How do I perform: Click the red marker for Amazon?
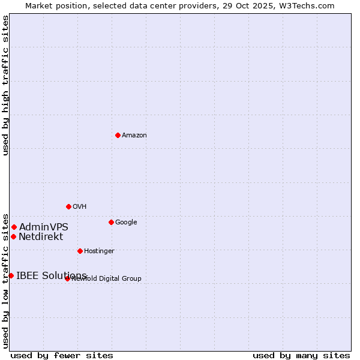point(118,135)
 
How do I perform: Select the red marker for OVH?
point(68,206)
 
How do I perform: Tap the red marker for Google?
point(111,222)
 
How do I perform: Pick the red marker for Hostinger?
point(80,251)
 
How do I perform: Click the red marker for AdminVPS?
point(14,227)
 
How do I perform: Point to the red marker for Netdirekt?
point(13,236)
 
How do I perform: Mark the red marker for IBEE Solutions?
point(11,275)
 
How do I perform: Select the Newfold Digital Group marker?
point(67,278)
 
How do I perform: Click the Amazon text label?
point(134,136)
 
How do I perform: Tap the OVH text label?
point(80,207)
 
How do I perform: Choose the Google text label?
point(126,223)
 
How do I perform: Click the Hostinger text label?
point(99,251)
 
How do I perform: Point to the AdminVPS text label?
point(44,227)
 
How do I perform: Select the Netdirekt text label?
point(41,237)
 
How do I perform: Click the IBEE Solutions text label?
point(52,276)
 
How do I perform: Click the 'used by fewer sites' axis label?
point(62,355)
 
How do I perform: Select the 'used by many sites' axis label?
point(301,355)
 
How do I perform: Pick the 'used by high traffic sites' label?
point(5,85)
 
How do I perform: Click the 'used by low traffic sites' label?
point(5,281)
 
